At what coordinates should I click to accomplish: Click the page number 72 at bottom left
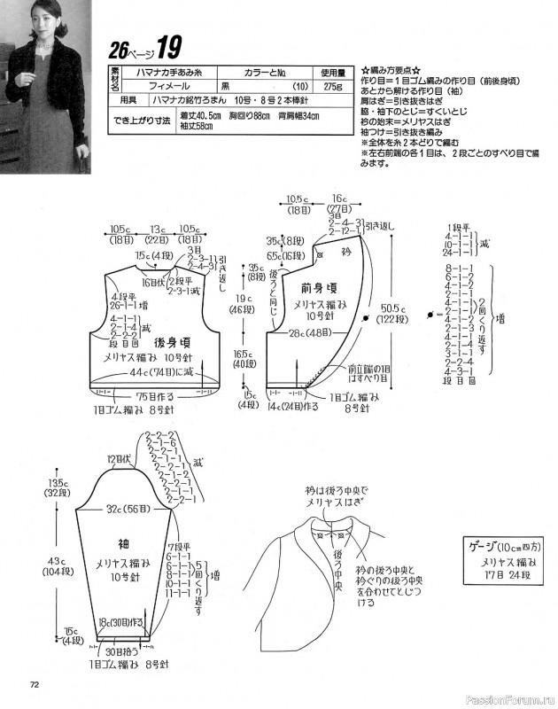pos(35,683)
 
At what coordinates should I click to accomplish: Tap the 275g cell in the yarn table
pos(331,87)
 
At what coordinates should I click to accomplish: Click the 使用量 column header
pos(331,72)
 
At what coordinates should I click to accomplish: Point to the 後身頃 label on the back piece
pos(174,340)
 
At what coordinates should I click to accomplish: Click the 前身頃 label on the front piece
pos(318,288)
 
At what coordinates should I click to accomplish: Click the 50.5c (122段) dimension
pos(393,314)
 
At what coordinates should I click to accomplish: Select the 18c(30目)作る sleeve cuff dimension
pos(120,623)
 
